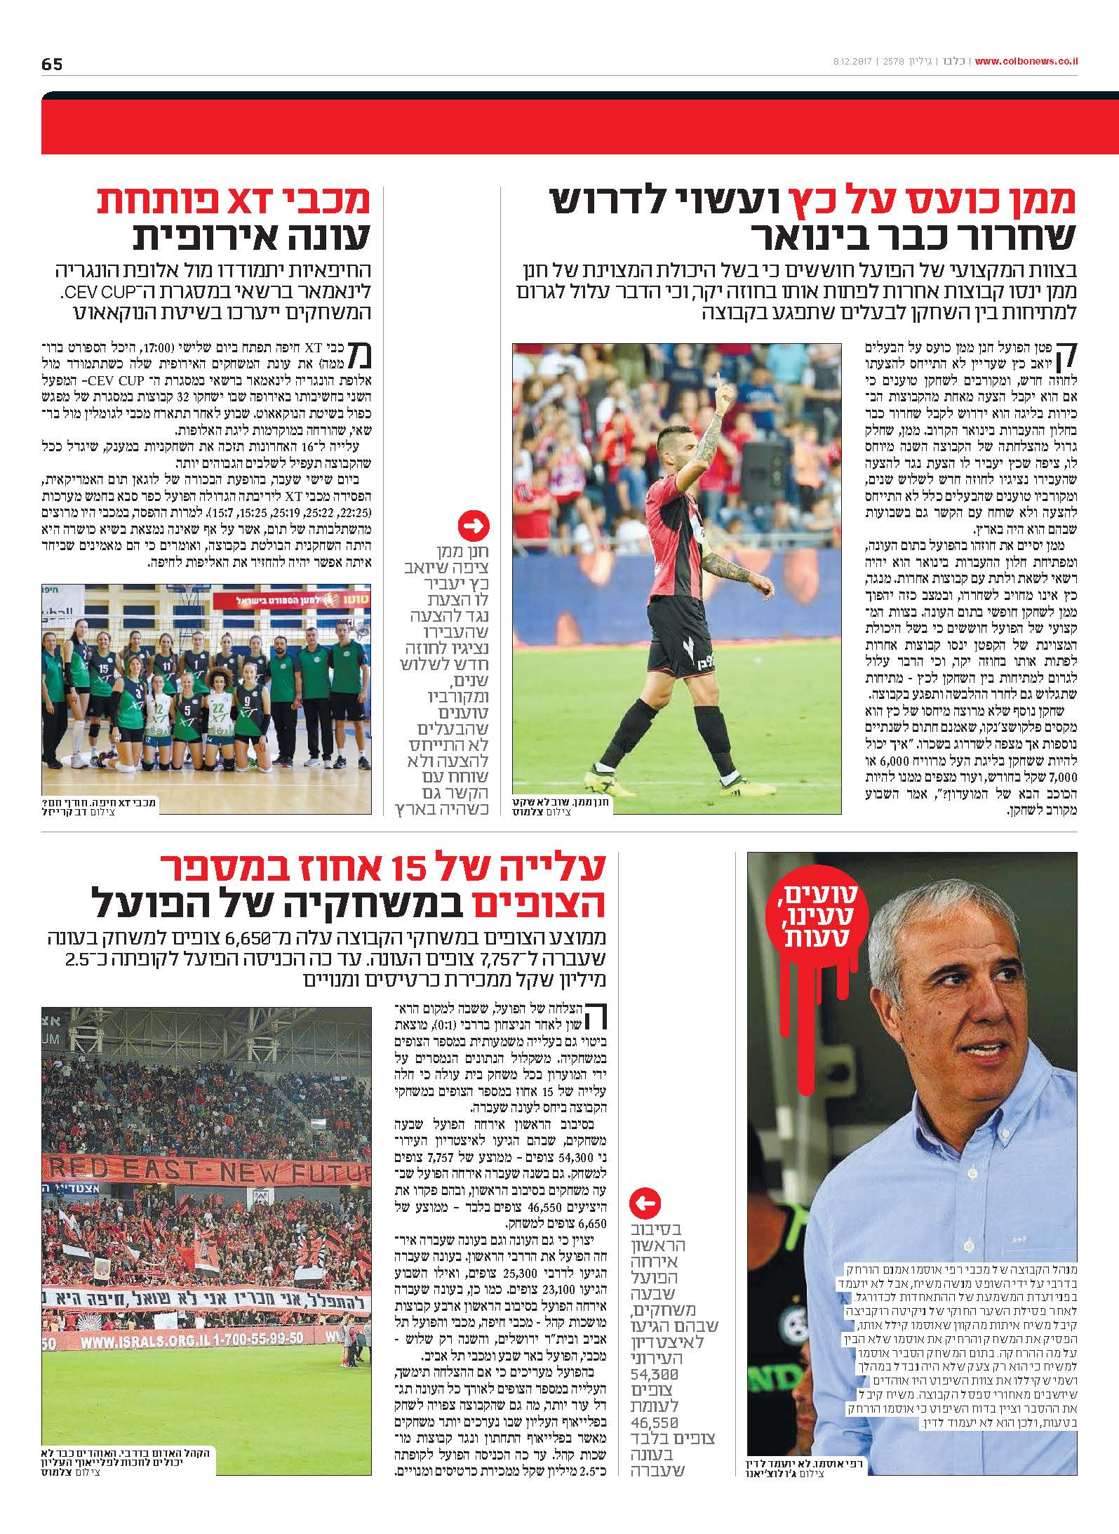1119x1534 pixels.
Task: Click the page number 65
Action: tap(52, 65)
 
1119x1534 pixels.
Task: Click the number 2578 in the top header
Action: tap(895, 62)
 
